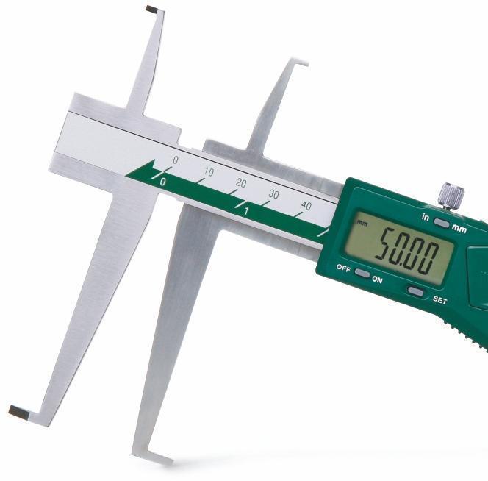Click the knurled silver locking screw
tap(451, 196)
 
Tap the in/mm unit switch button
tap(441, 222)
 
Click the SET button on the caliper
tap(416, 291)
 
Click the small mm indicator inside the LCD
tap(362, 223)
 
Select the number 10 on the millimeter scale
tap(209, 171)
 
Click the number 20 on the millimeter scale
tap(241, 183)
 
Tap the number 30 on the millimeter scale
tap(273, 194)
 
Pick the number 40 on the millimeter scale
tap(306, 206)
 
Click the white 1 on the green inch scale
tap(246, 211)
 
